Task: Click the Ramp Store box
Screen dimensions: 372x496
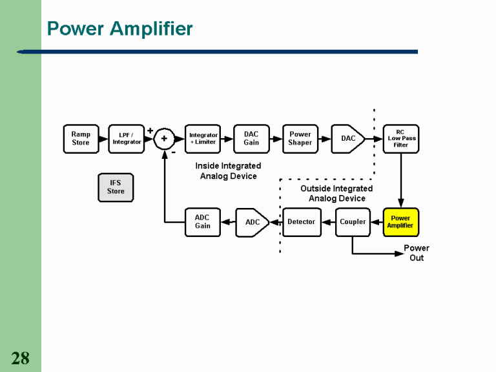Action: pyautogui.click(x=81, y=138)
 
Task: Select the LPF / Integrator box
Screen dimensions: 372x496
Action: pyautogui.click(x=126, y=138)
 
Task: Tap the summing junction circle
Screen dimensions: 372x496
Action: pyautogui.click(x=164, y=138)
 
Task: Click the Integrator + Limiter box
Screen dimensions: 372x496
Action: pyautogui.click(x=203, y=138)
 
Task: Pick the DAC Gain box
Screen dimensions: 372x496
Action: pyautogui.click(x=251, y=138)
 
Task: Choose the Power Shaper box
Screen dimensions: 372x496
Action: pyautogui.click(x=300, y=138)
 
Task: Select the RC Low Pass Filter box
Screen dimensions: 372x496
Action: pyautogui.click(x=400, y=138)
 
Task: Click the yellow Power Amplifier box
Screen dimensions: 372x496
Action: pyautogui.click(x=400, y=222)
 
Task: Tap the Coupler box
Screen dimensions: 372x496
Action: pyautogui.click(x=353, y=222)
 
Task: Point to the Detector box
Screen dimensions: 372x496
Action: pyautogui.click(x=302, y=222)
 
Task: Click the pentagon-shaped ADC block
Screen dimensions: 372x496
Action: pyautogui.click(x=253, y=222)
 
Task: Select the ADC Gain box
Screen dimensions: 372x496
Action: pyautogui.click(x=203, y=222)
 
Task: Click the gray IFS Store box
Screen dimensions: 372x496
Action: pyautogui.click(x=116, y=187)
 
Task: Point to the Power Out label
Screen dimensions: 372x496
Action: pyautogui.click(x=417, y=253)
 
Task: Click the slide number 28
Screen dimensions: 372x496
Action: pyautogui.click(x=20, y=358)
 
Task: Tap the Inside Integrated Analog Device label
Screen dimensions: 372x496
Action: pyautogui.click(x=228, y=171)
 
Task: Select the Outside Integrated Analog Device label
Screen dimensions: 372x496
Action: pyautogui.click(x=336, y=193)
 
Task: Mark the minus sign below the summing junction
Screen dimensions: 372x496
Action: pyautogui.click(x=173, y=154)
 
